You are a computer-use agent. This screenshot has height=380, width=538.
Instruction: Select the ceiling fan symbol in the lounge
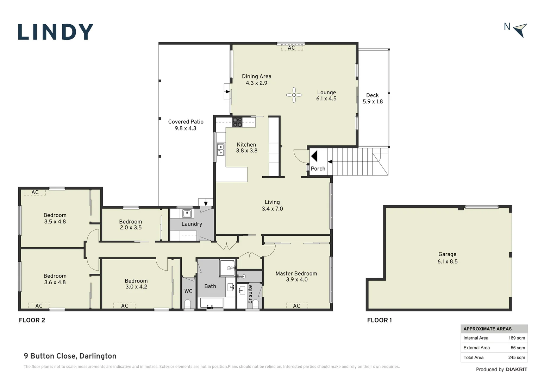(x=294, y=95)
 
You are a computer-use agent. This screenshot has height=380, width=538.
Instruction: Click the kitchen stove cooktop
(x=237, y=122)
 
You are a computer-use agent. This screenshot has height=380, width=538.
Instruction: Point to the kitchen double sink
(x=221, y=149)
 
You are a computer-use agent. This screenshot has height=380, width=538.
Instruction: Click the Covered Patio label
(x=186, y=125)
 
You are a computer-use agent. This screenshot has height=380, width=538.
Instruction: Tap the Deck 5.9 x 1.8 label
(x=373, y=99)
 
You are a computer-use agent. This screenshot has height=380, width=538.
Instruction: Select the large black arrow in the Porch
(x=314, y=156)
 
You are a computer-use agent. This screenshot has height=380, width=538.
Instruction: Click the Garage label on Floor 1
(x=447, y=258)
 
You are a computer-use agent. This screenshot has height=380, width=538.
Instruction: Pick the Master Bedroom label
(x=296, y=276)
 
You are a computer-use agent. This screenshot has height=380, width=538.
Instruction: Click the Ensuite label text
(x=250, y=294)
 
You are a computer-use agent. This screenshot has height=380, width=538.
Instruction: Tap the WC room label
(x=188, y=291)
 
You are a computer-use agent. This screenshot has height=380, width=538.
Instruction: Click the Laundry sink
(x=187, y=213)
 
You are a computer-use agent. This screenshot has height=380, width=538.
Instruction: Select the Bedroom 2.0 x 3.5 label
(x=130, y=224)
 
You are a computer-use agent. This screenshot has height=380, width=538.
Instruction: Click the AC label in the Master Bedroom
(x=296, y=306)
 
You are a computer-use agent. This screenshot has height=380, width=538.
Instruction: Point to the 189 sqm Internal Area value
(x=517, y=338)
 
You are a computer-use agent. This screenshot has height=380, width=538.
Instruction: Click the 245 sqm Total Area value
(x=517, y=357)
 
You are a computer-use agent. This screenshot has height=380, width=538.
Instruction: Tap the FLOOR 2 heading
(x=32, y=320)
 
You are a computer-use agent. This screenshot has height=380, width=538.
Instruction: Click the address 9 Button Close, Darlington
(x=70, y=356)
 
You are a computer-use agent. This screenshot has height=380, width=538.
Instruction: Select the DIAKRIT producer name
(x=517, y=369)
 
